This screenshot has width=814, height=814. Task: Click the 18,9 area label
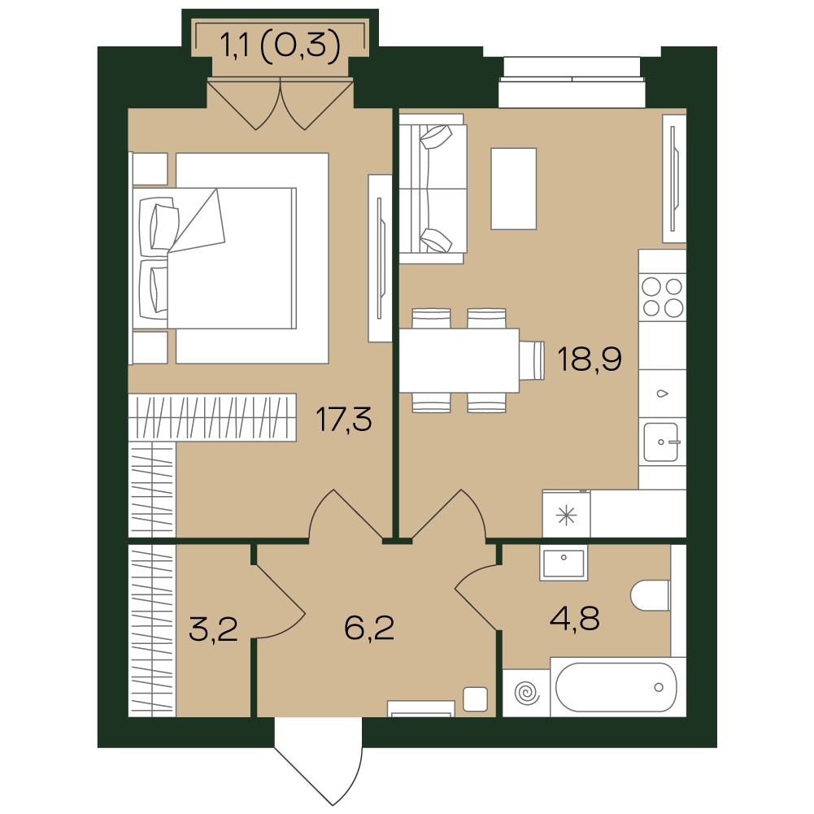[x=589, y=359]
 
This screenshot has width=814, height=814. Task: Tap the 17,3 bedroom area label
[x=344, y=420]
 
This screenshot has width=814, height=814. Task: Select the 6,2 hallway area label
[x=369, y=628]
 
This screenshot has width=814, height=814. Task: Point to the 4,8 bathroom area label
[x=575, y=618]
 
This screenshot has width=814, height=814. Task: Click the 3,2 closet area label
[x=213, y=629]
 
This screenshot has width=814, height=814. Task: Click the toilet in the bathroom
[x=650, y=595]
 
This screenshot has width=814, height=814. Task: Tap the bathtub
[x=618, y=687]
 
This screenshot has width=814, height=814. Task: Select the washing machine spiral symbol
[x=527, y=693]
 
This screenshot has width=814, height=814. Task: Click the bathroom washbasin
[x=564, y=563]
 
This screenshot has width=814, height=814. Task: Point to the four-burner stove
[x=663, y=298]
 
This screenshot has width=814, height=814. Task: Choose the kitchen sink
[x=661, y=442]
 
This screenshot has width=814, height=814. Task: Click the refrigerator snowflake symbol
[x=566, y=516]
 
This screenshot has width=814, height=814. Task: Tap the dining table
[x=459, y=360]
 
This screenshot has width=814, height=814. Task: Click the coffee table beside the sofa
[x=513, y=189]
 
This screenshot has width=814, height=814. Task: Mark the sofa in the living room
[x=433, y=189]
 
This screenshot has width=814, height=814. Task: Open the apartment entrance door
[x=318, y=761]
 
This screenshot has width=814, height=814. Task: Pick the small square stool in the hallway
[x=475, y=699]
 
